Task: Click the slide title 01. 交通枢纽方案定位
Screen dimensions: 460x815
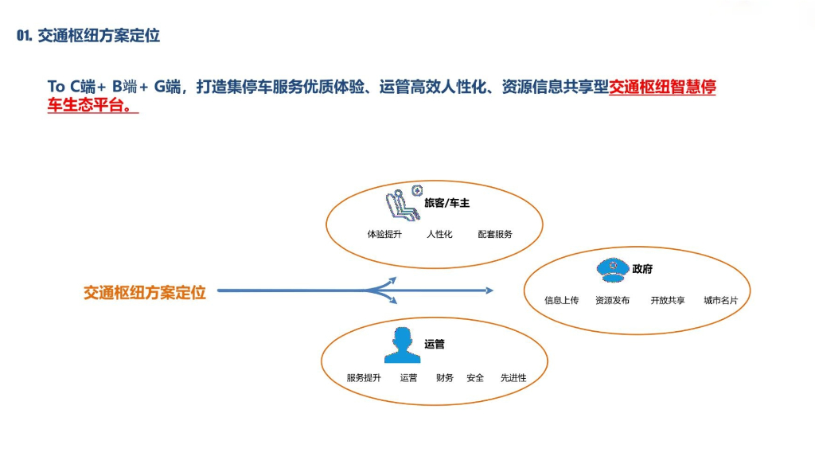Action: pyautogui.click(x=88, y=36)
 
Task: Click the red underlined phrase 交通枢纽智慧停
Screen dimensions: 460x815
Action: pyautogui.click(x=662, y=87)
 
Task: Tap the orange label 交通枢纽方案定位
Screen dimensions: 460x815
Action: pyautogui.click(x=145, y=293)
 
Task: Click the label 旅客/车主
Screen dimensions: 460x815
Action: pyautogui.click(x=446, y=203)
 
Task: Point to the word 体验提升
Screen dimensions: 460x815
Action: pyautogui.click(x=384, y=234)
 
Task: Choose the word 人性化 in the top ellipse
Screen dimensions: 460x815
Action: pyautogui.click(x=439, y=234)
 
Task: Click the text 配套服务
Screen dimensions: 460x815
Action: pyautogui.click(x=495, y=234)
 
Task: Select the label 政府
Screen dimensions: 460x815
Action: pyautogui.click(x=642, y=270)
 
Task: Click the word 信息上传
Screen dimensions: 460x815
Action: pyautogui.click(x=561, y=301)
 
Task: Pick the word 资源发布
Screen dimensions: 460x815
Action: pyautogui.click(x=612, y=301)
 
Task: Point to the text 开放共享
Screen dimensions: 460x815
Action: pyautogui.click(x=667, y=301)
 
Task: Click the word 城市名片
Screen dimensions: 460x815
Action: pyautogui.click(x=720, y=301)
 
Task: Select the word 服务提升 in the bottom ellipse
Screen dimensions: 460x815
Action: pyautogui.click(x=364, y=378)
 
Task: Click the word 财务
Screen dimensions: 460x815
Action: pyautogui.click(x=445, y=378)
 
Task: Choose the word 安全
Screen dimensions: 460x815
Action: pyautogui.click(x=475, y=378)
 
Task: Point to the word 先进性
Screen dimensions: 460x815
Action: pyautogui.click(x=513, y=378)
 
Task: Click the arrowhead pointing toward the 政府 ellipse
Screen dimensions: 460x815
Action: pyautogui.click(x=489, y=290)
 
